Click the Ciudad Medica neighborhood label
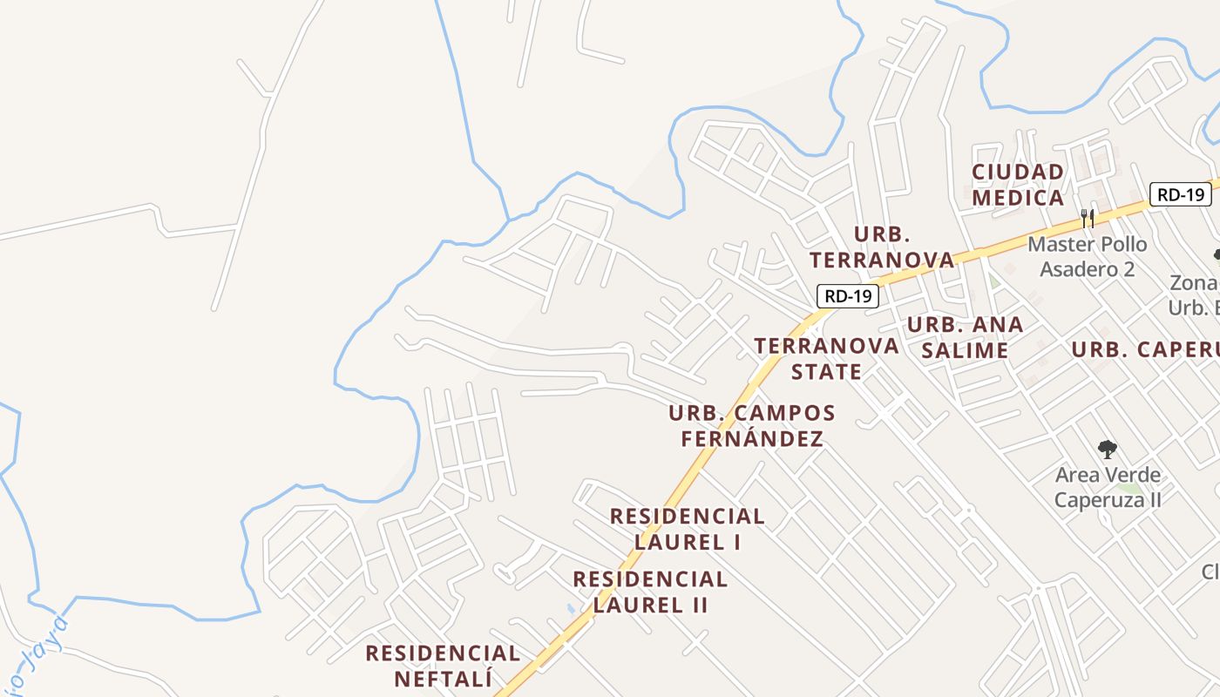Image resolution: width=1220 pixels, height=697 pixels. tap(1018, 185)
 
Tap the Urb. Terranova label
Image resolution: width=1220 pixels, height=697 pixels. tap(882, 247)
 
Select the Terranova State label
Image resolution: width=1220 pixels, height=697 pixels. tap(826, 358)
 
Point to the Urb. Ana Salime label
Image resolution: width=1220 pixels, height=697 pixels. tap(965, 337)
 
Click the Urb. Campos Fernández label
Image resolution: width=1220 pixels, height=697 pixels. tap(751, 425)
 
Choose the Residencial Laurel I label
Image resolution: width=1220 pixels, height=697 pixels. tap(687, 529)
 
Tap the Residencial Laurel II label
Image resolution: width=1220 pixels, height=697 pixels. tap(650, 592)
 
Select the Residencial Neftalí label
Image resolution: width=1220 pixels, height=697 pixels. tap(443, 666)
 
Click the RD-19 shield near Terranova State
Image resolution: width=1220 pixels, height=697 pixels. tap(848, 296)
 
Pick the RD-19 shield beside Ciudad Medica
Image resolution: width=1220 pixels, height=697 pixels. tap(1180, 194)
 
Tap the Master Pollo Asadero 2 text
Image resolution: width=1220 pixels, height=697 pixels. tap(1088, 256)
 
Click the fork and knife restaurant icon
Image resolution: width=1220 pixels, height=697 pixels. tap(1088, 218)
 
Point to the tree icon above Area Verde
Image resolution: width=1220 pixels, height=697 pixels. tap(1107, 450)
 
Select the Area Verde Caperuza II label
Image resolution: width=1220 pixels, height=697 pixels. tap(1108, 487)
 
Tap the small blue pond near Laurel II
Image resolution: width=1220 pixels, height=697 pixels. tap(570, 608)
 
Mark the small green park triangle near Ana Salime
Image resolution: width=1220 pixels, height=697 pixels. tap(994, 281)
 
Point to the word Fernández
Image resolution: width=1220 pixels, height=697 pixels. tap(751, 438)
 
